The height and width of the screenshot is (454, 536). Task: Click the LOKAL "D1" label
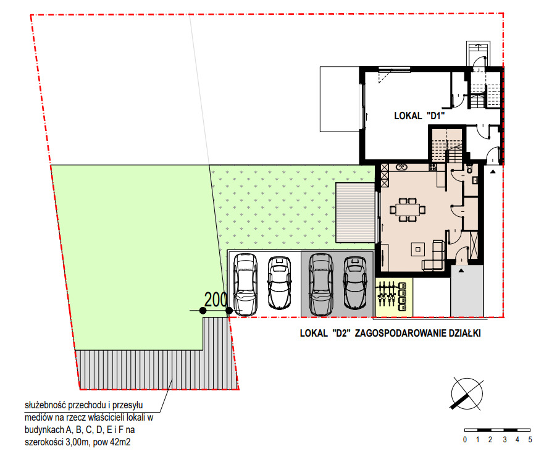coord(419,116)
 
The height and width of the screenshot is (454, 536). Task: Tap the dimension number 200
coord(216,300)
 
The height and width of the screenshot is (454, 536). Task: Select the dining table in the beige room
coord(408,209)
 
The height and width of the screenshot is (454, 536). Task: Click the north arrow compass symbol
coord(467,394)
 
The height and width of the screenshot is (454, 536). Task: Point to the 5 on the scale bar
coord(530,440)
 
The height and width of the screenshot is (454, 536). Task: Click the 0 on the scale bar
coord(465,440)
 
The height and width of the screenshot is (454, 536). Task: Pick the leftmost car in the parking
coord(245,284)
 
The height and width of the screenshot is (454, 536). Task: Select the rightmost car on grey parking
coord(355,283)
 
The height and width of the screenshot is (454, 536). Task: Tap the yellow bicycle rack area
coord(394,296)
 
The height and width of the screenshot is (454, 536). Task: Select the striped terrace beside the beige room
coord(355,212)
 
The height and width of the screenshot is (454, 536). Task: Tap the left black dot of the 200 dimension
coord(203,311)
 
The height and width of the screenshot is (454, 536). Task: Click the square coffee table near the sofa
coord(417,249)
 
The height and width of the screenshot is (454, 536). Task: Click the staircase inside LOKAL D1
coord(447,145)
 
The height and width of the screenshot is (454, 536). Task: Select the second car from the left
coord(280,283)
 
